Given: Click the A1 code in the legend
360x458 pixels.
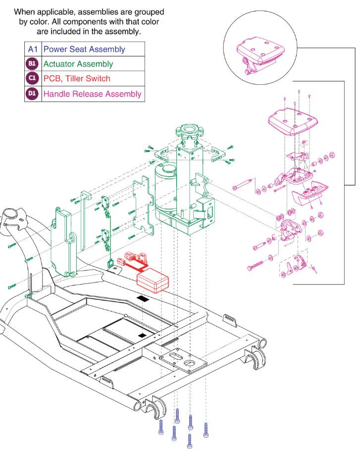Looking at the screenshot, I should coord(33,49).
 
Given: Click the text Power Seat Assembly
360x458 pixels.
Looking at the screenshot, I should coord(84,49).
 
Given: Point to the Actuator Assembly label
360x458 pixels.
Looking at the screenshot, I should coord(78,64).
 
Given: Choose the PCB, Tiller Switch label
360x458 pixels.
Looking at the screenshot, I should coord(77,78).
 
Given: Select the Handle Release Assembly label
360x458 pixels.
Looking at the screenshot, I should coord(93,94).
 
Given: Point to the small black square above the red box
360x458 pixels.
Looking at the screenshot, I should coord(143,299).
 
